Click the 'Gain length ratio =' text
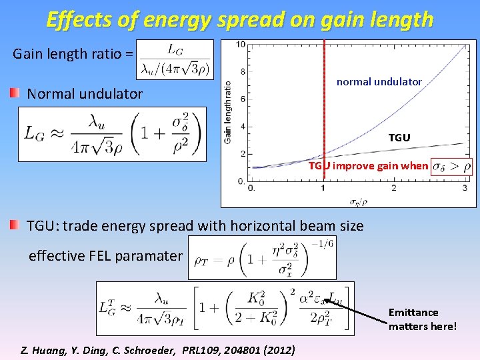click(x=73, y=54)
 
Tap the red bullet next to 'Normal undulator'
click(x=15, y=93)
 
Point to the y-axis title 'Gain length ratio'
click(x=228, y=111)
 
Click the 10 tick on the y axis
click(x=241, y=45)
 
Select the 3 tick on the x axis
click(x=464, y=189)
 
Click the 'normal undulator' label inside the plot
click(x=379, y=81)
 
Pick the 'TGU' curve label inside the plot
click(x=399, y=137)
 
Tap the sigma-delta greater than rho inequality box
click(x=451, y=166)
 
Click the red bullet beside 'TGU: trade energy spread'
click(x=15, y=225)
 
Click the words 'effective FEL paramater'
click(x=105, y=255)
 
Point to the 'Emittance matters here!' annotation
click(x=423, y=319)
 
